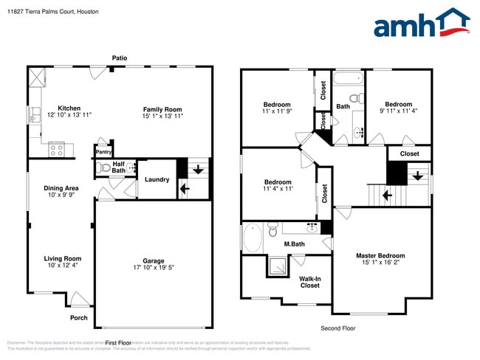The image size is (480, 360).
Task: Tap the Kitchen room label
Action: [x=69, y=108]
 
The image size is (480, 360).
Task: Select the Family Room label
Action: [x=162, y=109]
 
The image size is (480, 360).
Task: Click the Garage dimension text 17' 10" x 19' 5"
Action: [x=154, y=268]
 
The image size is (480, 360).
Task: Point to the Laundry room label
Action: [x=157, y=179]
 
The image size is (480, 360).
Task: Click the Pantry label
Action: [x=103, y=152]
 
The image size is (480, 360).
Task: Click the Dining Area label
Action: [x=61, y=188]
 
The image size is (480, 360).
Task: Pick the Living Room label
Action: [x=62, y=258]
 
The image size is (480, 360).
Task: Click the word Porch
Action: [x=79, y=318]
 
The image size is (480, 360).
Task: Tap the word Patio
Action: [x=120, y=58]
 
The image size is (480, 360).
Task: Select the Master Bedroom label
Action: [x=380, y=256]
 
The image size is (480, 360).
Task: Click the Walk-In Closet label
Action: [x=309, y=282]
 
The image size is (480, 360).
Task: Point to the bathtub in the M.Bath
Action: [x=252, y=238]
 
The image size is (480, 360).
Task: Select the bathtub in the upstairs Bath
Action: [x=347, y=78]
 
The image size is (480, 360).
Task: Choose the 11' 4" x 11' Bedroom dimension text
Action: [x=278, y=189]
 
